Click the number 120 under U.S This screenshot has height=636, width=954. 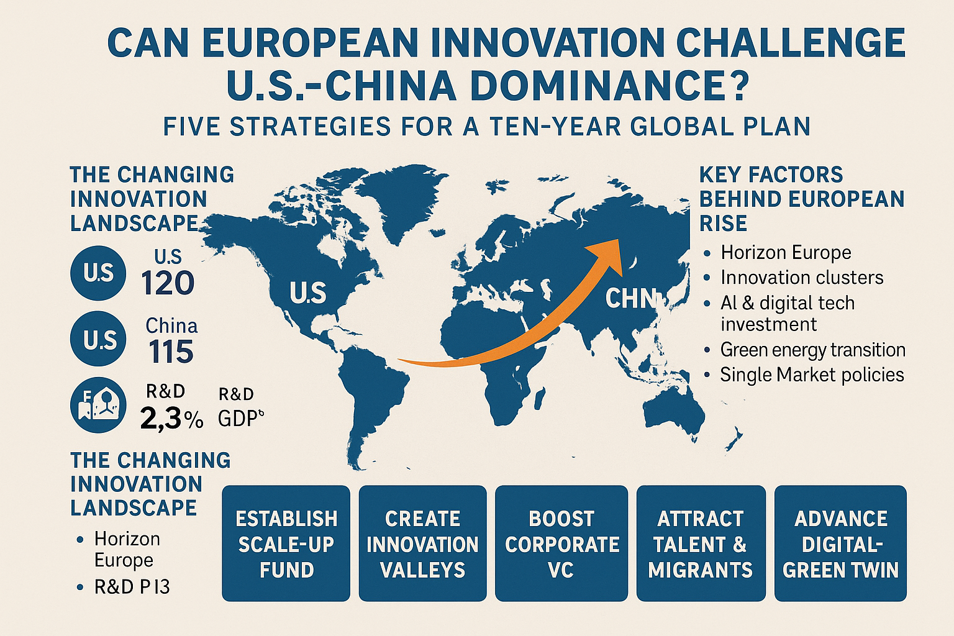[167, 283]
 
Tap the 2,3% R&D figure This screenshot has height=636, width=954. [171, 419]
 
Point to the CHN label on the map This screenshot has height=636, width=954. [630, 298]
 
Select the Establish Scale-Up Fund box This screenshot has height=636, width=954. [286, 543]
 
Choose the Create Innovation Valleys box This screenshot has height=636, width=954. [422, 543]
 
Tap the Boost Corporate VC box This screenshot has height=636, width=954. [561, 543]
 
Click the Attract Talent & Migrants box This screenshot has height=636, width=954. [701, 543]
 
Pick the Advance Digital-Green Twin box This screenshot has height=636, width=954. [840, 543]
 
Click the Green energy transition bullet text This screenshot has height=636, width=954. [812, 350]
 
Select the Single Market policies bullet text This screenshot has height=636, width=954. [812, 375]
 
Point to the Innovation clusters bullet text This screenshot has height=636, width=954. [802, 278]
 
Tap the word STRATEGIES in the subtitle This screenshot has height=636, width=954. [311, 127]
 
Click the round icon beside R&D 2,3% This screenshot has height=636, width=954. [98, 405]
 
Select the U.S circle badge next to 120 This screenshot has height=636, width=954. [98, 273]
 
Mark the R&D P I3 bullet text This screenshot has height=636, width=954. [132, 587]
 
